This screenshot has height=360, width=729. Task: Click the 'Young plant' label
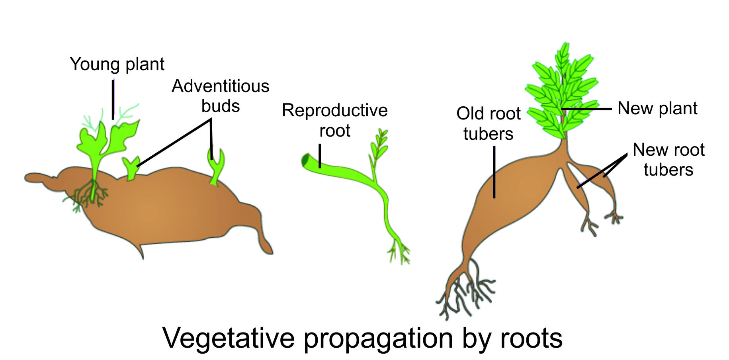(x=117, y=65)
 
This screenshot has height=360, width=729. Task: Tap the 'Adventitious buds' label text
(x=221, y=96)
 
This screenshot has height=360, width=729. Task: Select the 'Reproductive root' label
(x=334, y=120)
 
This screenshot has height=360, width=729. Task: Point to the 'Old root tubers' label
(x=488, y=123)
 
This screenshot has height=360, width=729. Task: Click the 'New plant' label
(x=657, y=108)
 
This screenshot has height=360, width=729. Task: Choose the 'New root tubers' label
(x=668, y=160)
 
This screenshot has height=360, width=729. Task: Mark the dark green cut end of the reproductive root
(x=306, y=160)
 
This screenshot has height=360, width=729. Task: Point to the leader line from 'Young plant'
(x=113, y=100)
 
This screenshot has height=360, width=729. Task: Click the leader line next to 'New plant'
(x=587, y=109)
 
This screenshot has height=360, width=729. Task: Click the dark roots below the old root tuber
(x=466, y=295)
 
